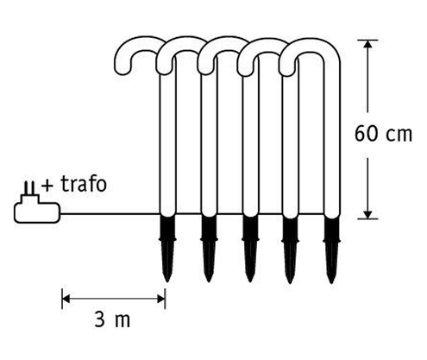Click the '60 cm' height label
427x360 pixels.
click(385, 135)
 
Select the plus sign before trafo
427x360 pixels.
click(47, 185)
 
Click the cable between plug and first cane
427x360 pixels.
click(104, 215)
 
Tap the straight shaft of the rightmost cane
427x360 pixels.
click(332, 138)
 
